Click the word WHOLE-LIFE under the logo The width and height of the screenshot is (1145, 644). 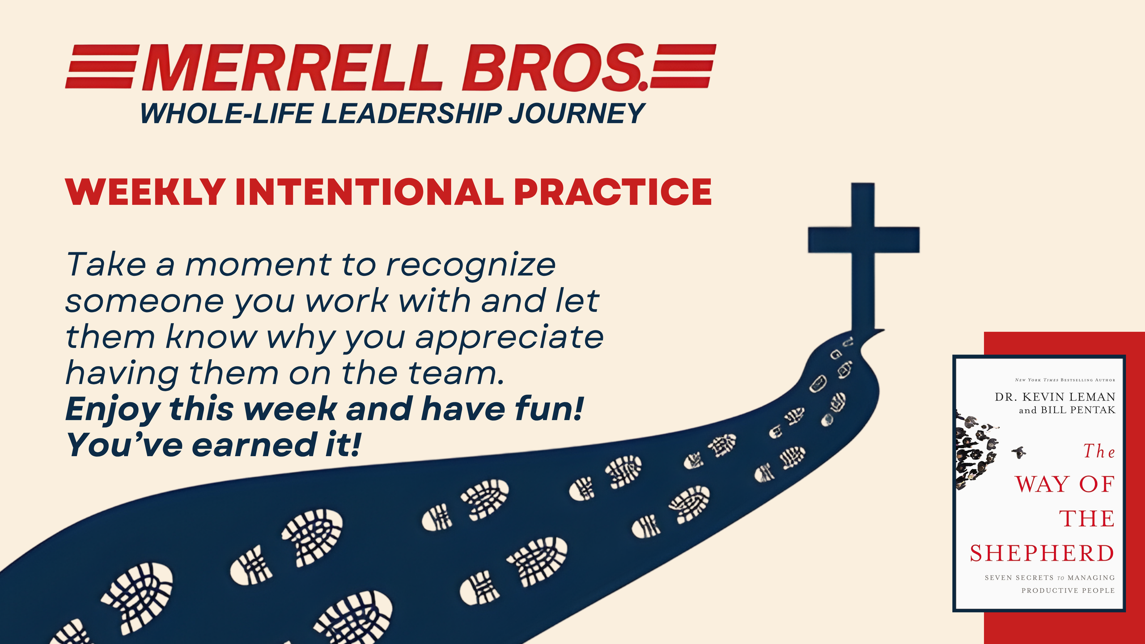pyautogui.click(x=226, y=113)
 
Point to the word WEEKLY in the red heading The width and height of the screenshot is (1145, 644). pyautogui.click(x=145, y=192)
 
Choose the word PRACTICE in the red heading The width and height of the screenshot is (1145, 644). pyautogui.click(x=613, y=192)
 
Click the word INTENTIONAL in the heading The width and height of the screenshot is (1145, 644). pyautogui.click(x=370, y=192)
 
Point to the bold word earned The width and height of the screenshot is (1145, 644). pyautogui.click(x=255, y=445)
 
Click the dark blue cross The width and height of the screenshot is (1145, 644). pyautogui.click(x=863, y=257)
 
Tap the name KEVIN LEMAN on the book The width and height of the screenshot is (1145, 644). pyautogui.click(x=1069, y=397)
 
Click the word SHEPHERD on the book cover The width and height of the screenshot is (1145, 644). pyautogui.click(x=1042, y=554)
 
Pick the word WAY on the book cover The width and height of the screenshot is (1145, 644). pyautogui.click(x=1042, y=484)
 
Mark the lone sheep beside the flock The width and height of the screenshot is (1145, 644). pyautogui.click(x=1019, y=452)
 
